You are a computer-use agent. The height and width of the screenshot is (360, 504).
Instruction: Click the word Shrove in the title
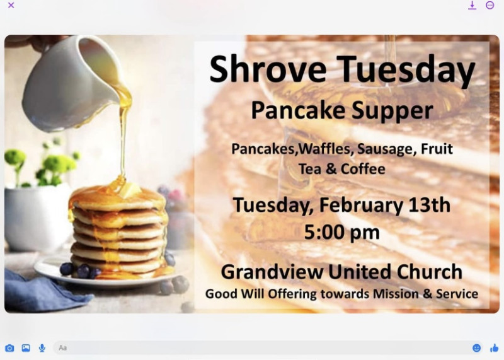[x=268, y=69]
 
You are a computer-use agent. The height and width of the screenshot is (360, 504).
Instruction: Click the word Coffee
[x=363, y=169]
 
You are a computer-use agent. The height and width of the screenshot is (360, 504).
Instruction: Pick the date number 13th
[x=429, y=205]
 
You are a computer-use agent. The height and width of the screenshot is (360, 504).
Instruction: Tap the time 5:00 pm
[x=341, y=233]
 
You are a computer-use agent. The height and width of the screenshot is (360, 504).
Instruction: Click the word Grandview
[x=272, y=272]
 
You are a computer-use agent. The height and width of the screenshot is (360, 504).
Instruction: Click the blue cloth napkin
[x=42, y=293]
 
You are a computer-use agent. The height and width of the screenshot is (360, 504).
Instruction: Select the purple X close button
[x=11, y=5]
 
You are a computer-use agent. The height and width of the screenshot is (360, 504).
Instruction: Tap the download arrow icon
[x=472, y=5]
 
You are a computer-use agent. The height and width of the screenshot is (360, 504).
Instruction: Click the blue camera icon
[x=9, y=348]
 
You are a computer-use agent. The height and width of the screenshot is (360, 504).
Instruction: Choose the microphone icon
[x=42, y=348]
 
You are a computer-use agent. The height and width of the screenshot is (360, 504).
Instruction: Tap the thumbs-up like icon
[x=495, y=348]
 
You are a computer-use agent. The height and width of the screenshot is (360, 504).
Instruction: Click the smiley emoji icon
[x=477, y=348]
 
